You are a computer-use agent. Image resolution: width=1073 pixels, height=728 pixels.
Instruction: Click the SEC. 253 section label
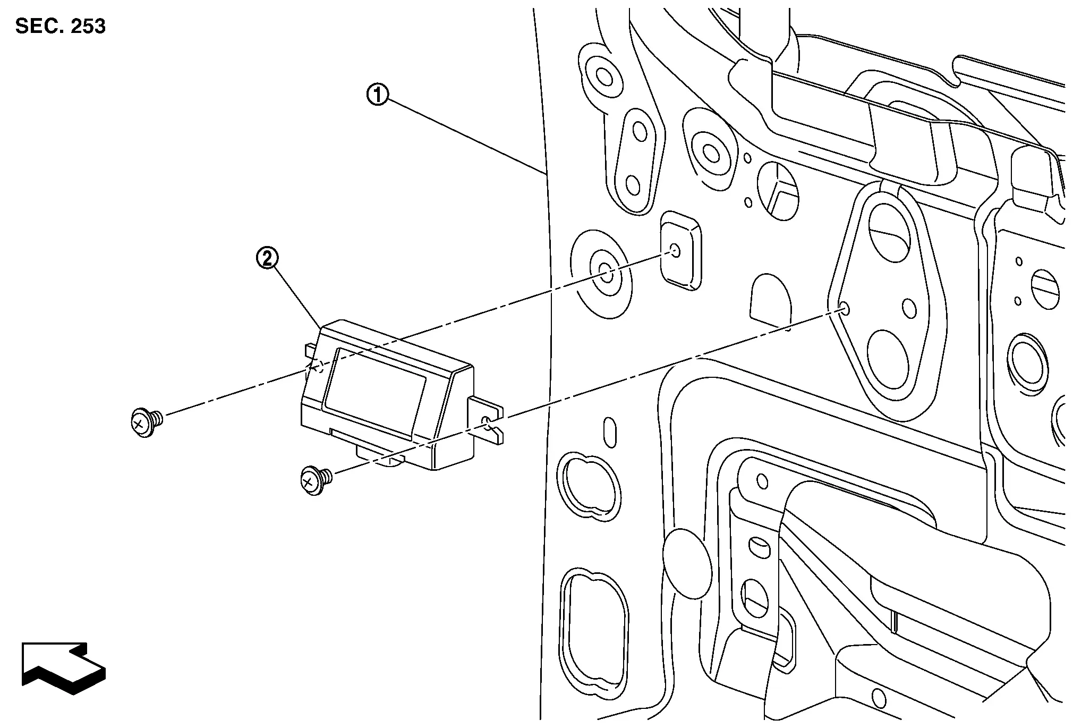(61, 26)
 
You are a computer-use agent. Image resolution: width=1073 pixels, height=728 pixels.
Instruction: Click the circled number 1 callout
(378, 96)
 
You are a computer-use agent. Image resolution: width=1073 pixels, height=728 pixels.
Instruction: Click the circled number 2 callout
(267, 259)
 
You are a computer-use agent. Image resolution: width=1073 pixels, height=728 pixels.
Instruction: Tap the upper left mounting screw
(146, 422)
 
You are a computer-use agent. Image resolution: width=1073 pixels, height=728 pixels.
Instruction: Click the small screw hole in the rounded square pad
(675, 250)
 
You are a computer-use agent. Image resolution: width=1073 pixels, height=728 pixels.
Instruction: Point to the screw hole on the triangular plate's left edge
(844, 309)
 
